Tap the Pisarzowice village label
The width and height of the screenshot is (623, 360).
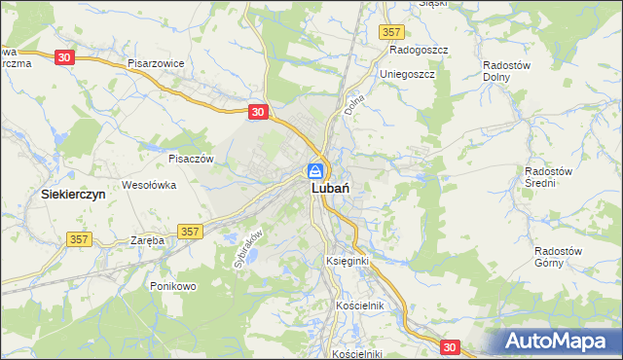(x=156, y=62)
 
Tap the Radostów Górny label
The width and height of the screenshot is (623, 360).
(x=558, y=256)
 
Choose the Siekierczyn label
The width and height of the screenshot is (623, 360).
(x=73, y=194)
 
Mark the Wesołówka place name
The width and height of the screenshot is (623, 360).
(x=148, y=183)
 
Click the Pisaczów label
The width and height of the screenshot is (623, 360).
(x=190, y=158)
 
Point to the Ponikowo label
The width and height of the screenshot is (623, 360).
(x=173, y=286)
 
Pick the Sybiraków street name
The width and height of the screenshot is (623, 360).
(x=248, y=248)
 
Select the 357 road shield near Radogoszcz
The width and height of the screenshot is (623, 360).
(x=391, y=32)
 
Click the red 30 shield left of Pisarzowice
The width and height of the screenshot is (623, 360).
(x=63, y=57)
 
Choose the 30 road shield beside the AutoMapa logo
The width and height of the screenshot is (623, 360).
(x=449, y=346)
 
